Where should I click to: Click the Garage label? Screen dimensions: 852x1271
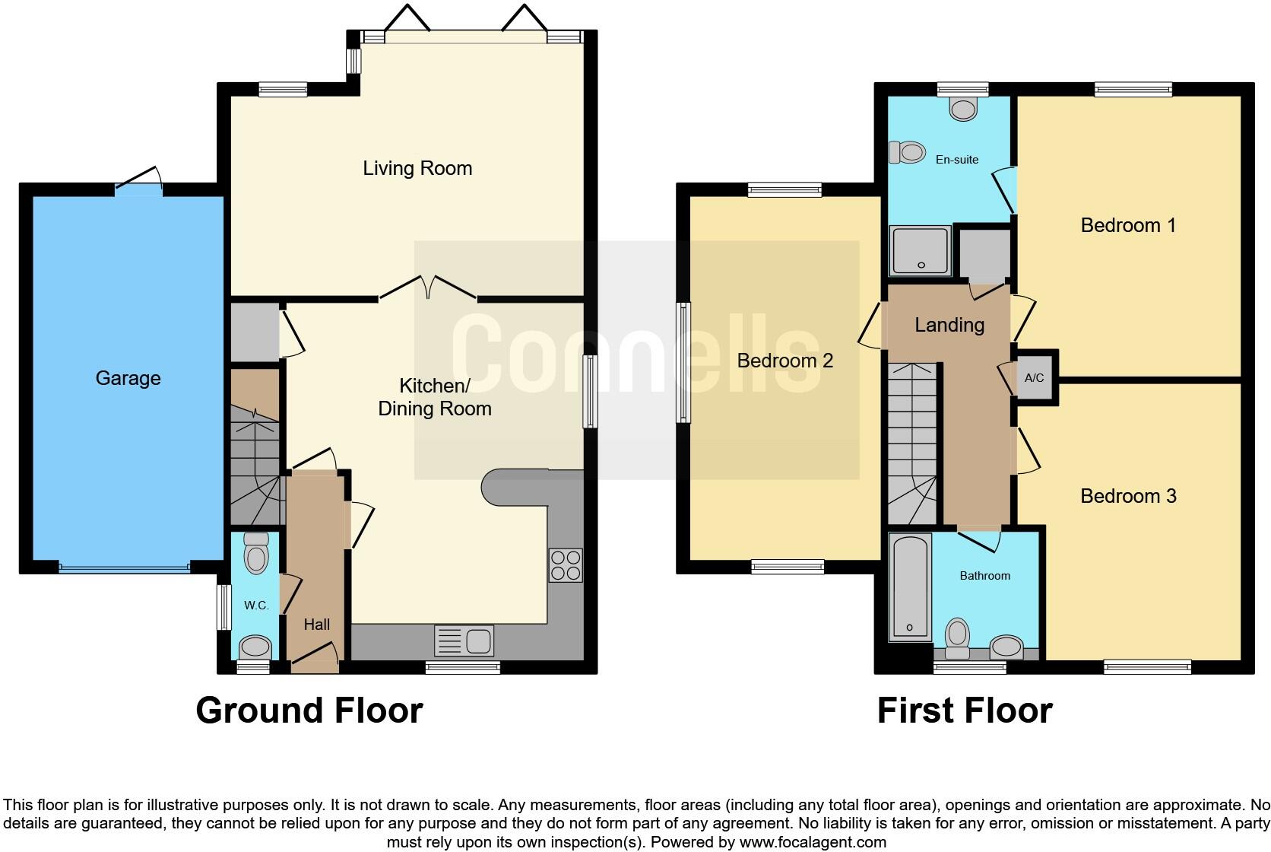tap(128, 378)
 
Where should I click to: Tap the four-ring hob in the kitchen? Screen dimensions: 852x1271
tap(565, 565)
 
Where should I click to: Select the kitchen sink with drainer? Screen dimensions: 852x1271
tap(464, 641)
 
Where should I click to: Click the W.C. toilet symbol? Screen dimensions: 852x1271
tap(256, 554)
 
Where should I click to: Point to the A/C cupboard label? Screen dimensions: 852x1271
tap(1034, 378)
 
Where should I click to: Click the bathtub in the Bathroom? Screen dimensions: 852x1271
tap(909, 586)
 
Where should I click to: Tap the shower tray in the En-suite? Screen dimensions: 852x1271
tap(921, 250)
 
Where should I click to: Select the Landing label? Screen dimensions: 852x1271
tap(949, 325)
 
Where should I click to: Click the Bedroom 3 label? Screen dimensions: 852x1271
tap(1128, 496)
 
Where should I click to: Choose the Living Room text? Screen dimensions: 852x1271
tap(417, 168)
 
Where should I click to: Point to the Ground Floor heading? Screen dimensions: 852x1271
tap(309, 711)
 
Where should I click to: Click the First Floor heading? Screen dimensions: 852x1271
tap(964, 711)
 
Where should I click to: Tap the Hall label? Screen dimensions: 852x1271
tap(316, 625)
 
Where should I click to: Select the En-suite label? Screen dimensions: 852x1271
tap(957, 160)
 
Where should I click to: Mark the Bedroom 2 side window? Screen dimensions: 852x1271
tap(684, 362)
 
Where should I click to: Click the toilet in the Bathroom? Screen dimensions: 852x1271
tap(957, 637)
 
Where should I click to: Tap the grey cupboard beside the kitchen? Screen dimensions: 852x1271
tap(254, 332)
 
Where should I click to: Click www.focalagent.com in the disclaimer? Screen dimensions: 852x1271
tap(813, 842)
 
